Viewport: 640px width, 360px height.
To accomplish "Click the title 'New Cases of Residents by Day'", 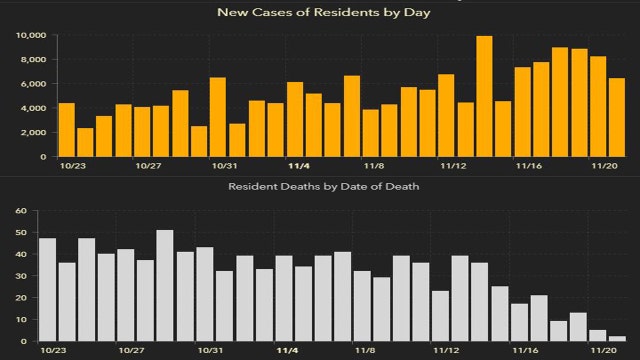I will click(319, 13).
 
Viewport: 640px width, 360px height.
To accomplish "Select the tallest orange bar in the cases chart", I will click(484, 96).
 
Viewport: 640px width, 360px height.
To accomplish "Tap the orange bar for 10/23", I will click(67, 130).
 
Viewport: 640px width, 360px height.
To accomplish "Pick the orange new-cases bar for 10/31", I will click(218, 117).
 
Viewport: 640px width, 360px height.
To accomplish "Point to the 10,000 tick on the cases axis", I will click(28, 35).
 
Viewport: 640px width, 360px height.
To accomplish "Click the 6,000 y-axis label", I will click(31, 84).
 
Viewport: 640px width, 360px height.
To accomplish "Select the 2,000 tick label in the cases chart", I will click(31, 133).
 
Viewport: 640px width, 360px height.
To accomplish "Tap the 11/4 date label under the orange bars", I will click(299, 166).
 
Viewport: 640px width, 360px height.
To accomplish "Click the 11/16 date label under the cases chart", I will click(528, 166).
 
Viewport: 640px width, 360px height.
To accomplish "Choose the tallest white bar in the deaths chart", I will click(165, 286).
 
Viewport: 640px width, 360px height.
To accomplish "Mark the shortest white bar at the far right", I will click(617, 339).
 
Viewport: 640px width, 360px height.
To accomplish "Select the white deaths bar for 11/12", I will click(440, 316).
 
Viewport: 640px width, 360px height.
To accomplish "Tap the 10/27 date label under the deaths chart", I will click(127, 351).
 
